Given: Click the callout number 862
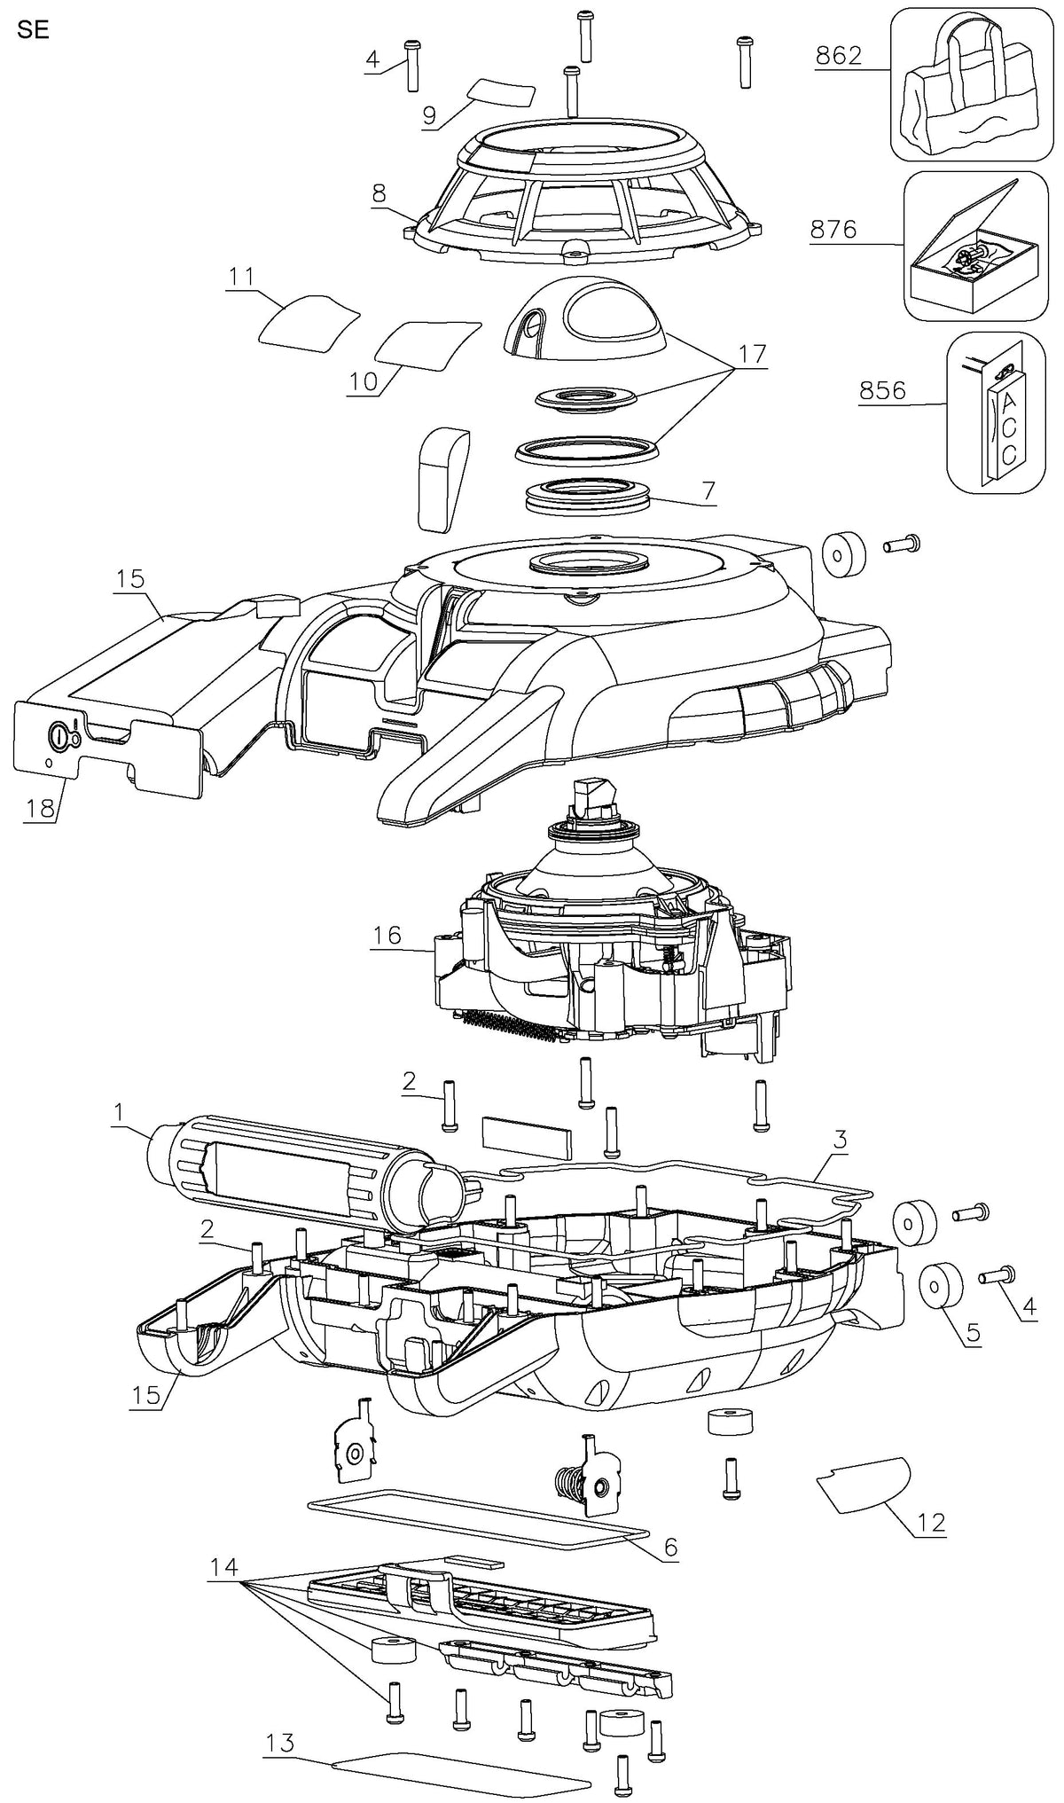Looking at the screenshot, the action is (837, 55).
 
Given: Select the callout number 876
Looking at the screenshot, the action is (833, 230).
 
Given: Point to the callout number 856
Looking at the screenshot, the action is (882, 391).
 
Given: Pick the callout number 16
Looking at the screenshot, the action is (387, 935).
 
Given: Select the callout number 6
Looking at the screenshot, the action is (670, 1548).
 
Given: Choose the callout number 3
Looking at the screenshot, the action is (840, 1141).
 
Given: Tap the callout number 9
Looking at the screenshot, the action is (428, 114).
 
